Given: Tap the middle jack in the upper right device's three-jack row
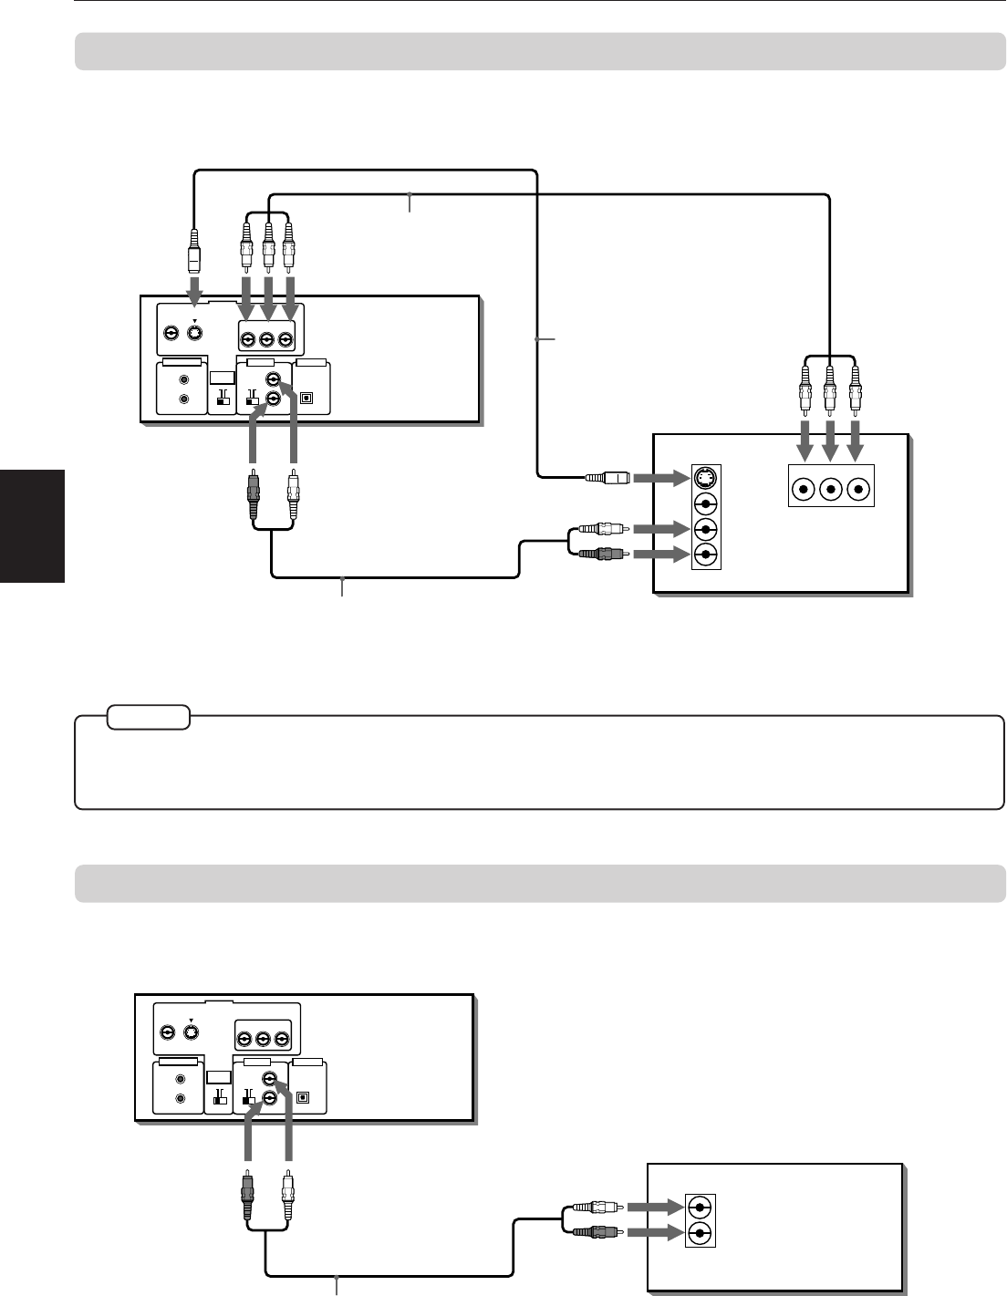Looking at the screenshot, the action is pyautogui.click(x=830, y=489).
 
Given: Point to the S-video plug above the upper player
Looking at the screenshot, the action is pyautogui.click(x=192, y=252).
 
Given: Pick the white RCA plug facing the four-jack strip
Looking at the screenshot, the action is pyautogui.click(x=601, y=528).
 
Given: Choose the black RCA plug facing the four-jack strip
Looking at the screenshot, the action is pyautogui.click(x=601, y=553).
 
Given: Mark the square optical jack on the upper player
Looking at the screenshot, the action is pyautogui.click(x=306, y=399).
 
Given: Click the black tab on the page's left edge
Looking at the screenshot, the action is pyautogui.click(x=33, y=526).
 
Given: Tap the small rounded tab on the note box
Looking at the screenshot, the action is pyautogui.click(x=148, y=718).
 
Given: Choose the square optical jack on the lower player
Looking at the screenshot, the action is pyautogui.click(x=302, y=1098).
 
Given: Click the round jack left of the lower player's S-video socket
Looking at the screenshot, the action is pyautogui.click(x=167, y=1033).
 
